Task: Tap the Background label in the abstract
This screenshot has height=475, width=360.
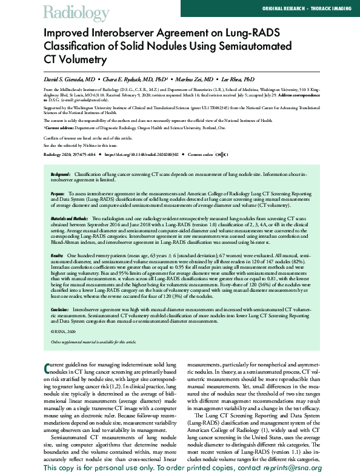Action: coord(65,174)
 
